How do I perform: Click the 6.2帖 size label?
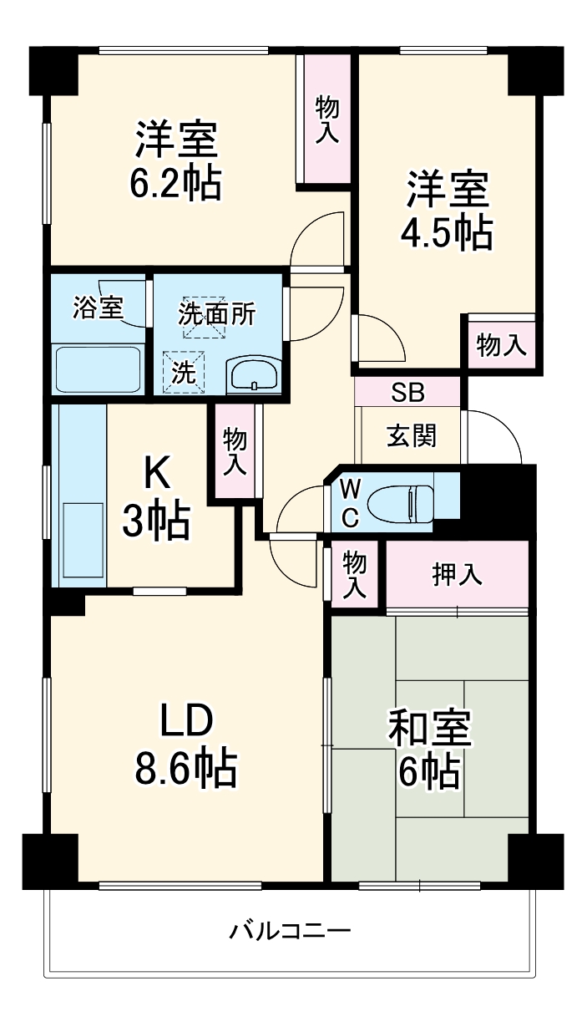click(x=175, y=183)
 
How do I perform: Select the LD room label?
click(x=188, y=719)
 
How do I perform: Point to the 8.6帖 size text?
click(x=186, y=768)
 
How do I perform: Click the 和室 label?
click(x=430, y=729)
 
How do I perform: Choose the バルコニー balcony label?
click(x=291, y=930)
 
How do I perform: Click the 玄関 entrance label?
click(x=410, y=435)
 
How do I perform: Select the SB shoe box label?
click(x=407, y=391)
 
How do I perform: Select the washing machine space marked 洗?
click(x=182, y=372)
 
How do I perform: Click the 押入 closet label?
click(x=457, y=575)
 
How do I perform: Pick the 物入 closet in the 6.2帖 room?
click(x=327, y=119)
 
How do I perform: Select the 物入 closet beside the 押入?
click(x=355, y=573)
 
